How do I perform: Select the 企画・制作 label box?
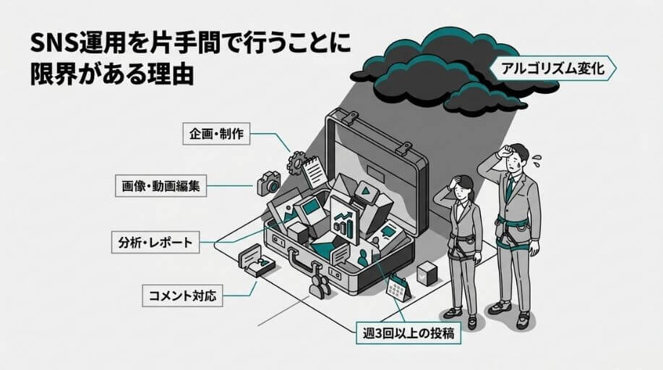[x=215, y=134]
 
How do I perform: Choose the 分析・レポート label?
[x=155, y=242]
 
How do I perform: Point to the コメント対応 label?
[x=181, y=296]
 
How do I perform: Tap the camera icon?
[x=268, y=183]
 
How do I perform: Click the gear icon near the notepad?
[x=296, y=163]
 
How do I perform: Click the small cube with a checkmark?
[x=427, y=273]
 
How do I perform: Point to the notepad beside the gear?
[x=315, y=173]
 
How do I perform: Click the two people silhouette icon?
[x=319, y=284]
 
